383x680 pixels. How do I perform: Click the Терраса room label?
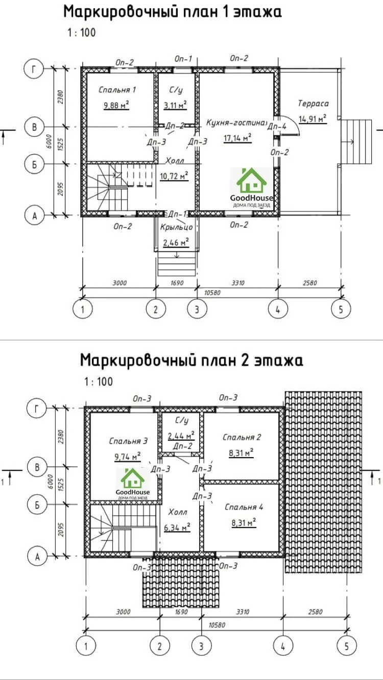click(313, 104)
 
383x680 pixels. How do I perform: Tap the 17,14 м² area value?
click(237, 138)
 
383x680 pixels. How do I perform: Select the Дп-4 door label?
click(277, 127)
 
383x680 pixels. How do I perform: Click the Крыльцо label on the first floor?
click(177, 227)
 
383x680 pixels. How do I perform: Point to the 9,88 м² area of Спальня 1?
click(116, 105)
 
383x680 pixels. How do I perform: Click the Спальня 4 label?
click(244, 507)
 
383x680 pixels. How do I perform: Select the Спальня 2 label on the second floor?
click(242, 437)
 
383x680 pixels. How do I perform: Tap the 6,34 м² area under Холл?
click(177, 527)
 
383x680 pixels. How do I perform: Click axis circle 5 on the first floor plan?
click(341, 309)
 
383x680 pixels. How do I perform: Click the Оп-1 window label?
click(183, 59)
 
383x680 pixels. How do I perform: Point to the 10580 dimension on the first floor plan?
click(212, 293)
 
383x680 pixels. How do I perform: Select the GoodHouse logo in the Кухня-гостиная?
click(252, 188)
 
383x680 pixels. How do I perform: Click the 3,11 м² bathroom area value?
click(175, 105)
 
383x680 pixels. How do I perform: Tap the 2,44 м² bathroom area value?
click(181, 436)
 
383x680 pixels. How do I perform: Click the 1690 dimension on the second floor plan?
click(181, 612)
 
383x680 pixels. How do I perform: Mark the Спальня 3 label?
click(128, 441)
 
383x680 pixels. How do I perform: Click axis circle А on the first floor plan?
click(34, 216)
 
